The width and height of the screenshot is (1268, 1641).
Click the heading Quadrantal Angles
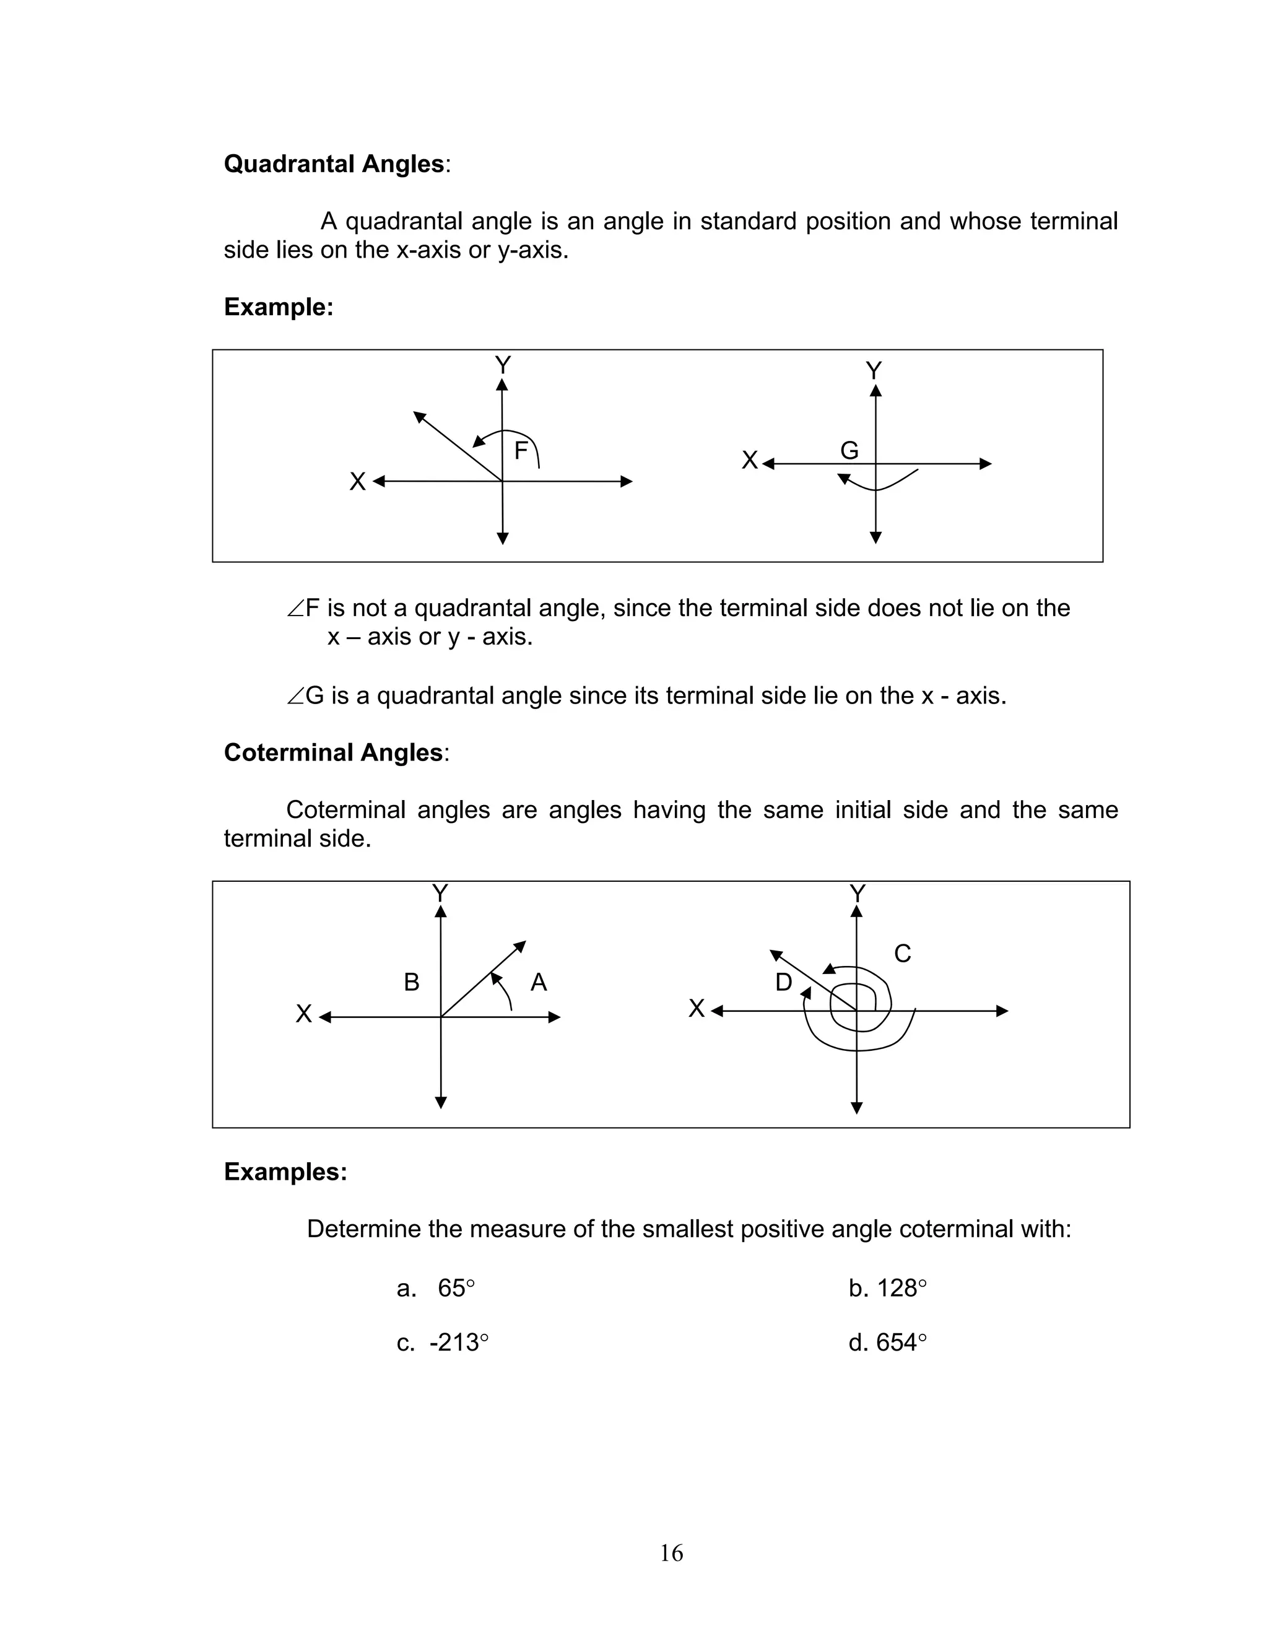[x=334, y=164]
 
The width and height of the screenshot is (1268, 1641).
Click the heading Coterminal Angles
[x=332, y=752]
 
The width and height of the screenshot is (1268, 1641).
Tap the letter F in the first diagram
[x=521, y=451]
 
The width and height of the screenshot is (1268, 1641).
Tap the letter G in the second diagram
[x=849, y=451]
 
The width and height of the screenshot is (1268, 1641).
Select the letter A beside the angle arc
[x=539, y=982]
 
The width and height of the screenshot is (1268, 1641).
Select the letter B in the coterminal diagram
[x=412, y=982]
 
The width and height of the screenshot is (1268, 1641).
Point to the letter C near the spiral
[x=902, y=954]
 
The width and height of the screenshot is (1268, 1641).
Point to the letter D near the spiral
[x=783, y=982]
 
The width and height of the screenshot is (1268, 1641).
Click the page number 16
[x=671, y=1552]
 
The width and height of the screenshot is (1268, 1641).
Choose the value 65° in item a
[x=456, y=1289]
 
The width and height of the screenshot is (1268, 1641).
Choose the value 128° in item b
[x=901, y=1289]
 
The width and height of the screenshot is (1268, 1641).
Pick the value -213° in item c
[x=458, y=1343]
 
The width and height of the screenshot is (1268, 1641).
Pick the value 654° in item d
[x=901, y=1343]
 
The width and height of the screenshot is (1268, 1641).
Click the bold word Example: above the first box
[x=278, y=307]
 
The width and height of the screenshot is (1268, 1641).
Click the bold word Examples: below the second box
[x=285, y=1172]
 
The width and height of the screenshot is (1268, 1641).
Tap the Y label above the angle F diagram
[x=503, y=366]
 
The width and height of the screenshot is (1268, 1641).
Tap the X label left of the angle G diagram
[x=749, y=461]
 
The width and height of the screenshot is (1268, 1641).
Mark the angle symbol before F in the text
[x=295, y=609]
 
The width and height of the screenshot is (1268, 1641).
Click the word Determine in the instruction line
[x=363, y=1229]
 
